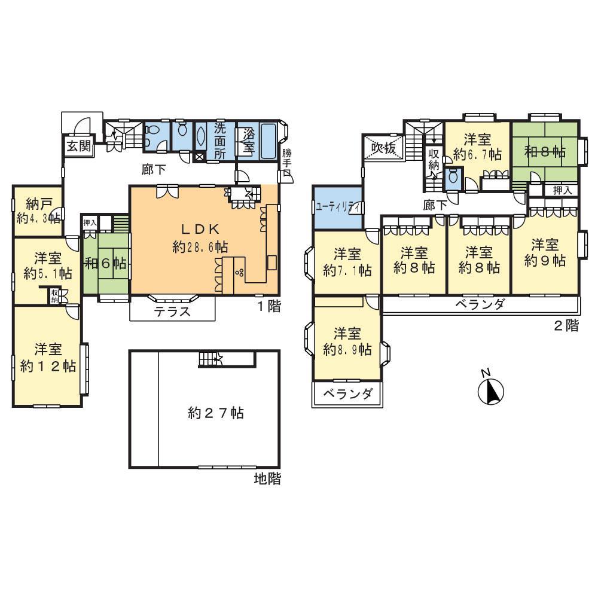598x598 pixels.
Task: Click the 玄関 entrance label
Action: click(x=78, y=147)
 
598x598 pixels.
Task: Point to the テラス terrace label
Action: click(x=172, y=311)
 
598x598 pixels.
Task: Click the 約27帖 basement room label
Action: click(x=215, y=413)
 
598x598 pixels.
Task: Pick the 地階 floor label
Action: click(x=267, y=478)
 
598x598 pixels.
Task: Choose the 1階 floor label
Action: click(x=269, y=307)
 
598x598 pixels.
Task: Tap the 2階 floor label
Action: click(x=566, y=327)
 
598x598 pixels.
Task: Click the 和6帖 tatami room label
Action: click(x=106, y=263)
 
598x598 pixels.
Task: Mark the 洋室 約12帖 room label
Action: click(x=48, y=358)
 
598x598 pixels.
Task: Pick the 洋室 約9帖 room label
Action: click(x=545, y=253)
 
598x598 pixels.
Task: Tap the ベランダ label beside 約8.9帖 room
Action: click(x=348, y=394)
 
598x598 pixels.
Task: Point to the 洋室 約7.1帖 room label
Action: click(x=347, y=261)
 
